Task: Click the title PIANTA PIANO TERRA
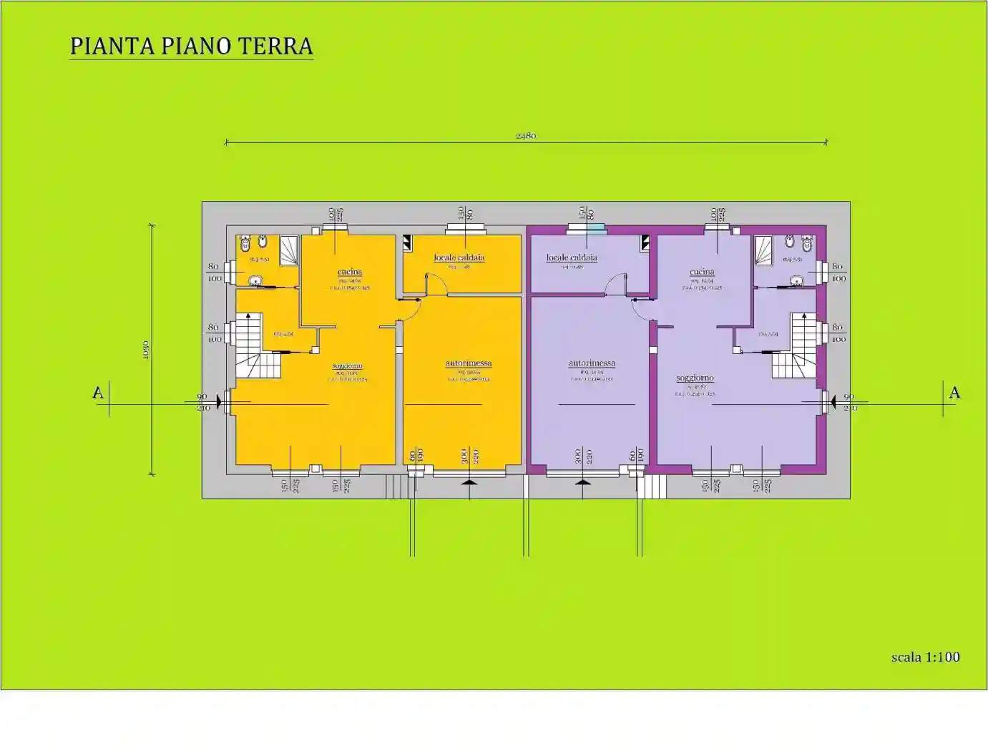point(191,46)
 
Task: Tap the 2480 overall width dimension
point(526,135)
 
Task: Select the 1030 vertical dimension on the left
point(146,349)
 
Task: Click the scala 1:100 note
point(925,657)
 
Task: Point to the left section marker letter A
point(98,393)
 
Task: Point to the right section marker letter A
point(954,393)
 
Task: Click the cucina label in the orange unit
point(350,272)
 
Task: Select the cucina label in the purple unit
point(702,272)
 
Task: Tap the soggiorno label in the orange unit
point(348,366)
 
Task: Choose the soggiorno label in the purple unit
point(695,378)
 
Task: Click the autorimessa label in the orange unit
point(469,363)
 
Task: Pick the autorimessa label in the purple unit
point(592,363)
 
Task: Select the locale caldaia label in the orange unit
point(459,257)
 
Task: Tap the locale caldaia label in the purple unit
point(572,257)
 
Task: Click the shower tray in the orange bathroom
point(289,250)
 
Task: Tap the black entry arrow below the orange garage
point(469,486)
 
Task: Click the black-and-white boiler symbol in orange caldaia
point(408,242)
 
